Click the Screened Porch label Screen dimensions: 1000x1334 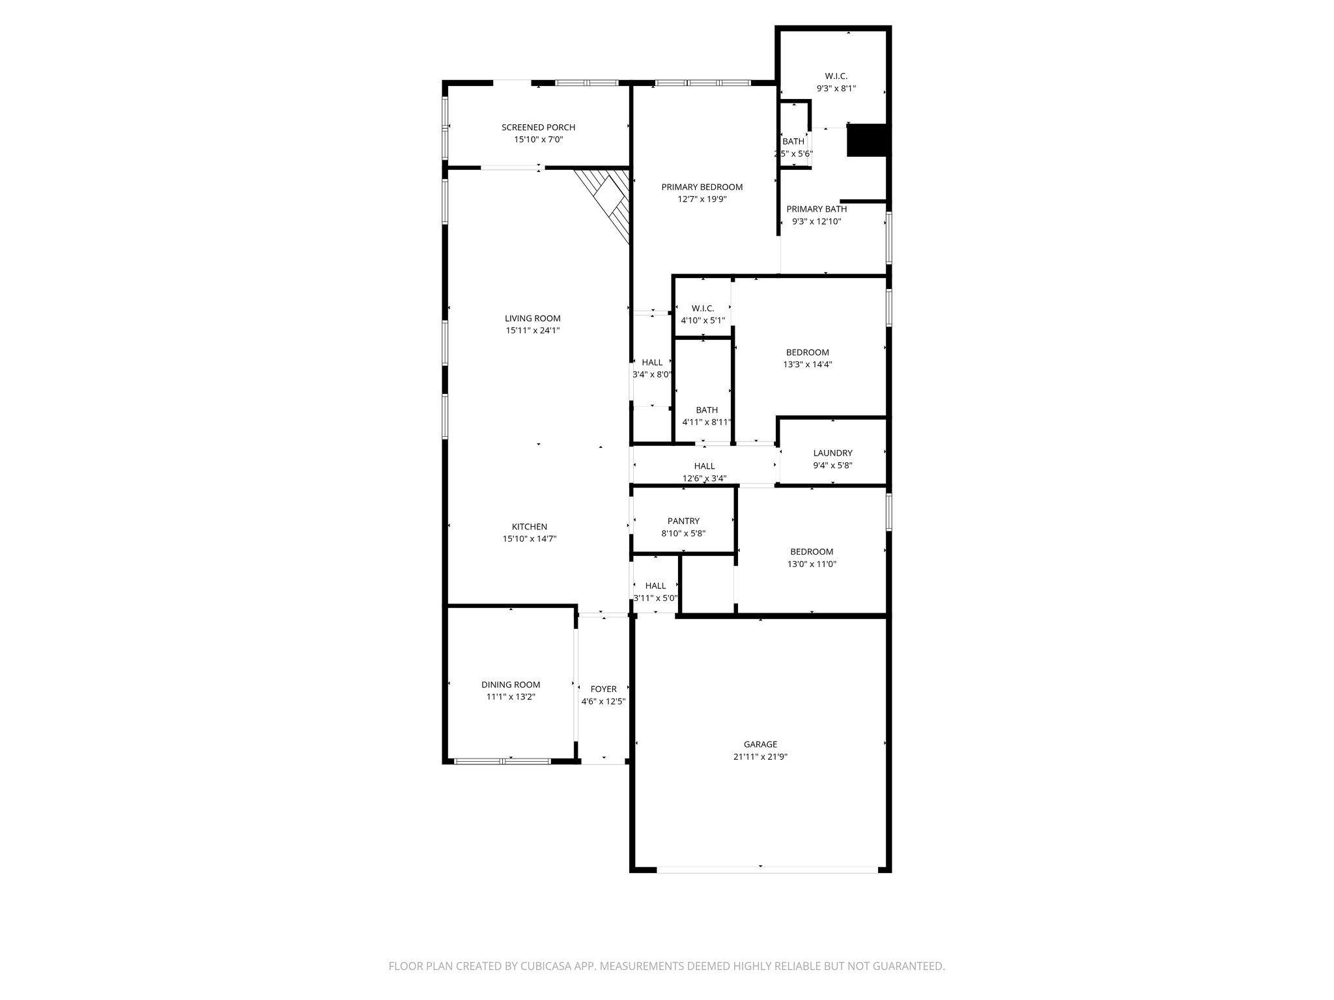tap(538, 127)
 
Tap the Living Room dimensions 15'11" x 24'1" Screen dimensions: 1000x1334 tap(532, 331)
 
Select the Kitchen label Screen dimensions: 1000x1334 tap(529, 527)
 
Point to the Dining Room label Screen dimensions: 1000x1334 tap(511, 684)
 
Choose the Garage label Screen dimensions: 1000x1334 tap(760, 744)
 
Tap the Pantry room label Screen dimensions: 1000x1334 tap(683, 521)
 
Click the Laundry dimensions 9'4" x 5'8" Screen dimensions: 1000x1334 tap(832, 465)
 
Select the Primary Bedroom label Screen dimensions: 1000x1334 tap(702, 187)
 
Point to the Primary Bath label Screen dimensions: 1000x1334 tap(816, 209)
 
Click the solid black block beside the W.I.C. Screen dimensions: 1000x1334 tap(867, 141)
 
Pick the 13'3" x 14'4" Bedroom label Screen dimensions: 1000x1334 tap(807, 352)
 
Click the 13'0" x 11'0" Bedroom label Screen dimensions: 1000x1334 tap(812, 551)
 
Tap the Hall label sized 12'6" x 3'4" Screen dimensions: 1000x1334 tap(704, 466)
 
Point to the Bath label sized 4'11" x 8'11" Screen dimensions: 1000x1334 tap(707, 410)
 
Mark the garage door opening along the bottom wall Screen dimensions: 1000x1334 tap(767, 869)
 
